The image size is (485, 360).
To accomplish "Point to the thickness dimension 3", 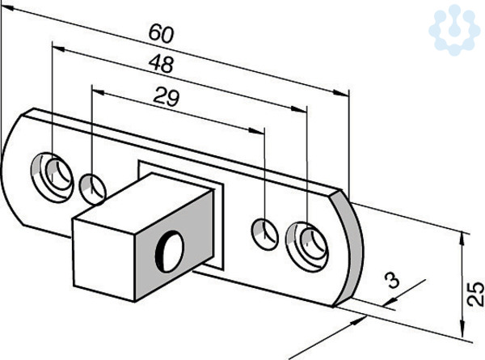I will [391, 281].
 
